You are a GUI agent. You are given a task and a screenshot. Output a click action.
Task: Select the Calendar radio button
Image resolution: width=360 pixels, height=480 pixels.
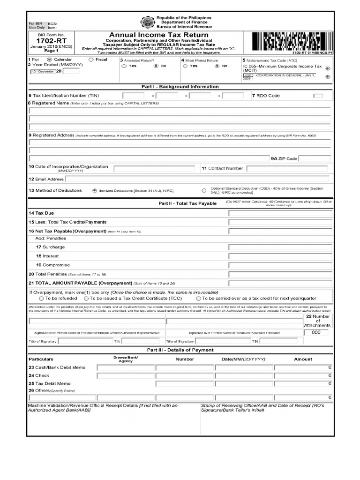coord(49,60)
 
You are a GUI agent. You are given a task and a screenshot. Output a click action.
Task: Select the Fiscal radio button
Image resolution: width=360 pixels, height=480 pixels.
coord(90,60)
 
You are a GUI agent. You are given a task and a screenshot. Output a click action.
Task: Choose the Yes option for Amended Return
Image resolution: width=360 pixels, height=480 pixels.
coord(124,67)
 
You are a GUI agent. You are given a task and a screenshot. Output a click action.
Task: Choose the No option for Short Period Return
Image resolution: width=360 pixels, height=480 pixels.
coord(217,67)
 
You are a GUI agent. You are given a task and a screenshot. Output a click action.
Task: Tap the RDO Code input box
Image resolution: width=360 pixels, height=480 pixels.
coord(318,96)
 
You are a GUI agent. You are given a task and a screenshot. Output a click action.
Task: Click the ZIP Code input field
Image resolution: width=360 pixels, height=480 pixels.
coord(315,159)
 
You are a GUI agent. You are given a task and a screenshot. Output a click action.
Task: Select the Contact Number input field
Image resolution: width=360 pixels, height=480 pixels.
coord(289,169)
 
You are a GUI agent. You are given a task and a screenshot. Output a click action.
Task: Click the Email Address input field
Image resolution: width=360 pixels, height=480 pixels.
coord(199,179)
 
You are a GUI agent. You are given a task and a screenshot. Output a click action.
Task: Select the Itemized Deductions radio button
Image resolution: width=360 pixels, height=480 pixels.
coord(95,191)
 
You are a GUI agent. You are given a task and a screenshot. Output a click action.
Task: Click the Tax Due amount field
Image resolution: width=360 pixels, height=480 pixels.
coord(280,213)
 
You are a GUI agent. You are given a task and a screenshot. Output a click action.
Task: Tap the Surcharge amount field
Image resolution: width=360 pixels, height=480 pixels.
coord(280,247)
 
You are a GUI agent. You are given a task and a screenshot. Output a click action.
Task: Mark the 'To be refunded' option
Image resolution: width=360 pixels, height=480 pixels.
coord(42,298)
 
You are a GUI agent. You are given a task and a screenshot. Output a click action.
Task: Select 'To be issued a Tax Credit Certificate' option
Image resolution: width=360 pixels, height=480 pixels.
coord(86,298)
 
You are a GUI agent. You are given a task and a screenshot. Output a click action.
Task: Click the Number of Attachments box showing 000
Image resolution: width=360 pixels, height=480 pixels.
coord(316,332)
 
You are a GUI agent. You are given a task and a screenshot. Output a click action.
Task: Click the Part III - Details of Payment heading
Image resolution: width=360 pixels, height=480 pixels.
coord(180,350)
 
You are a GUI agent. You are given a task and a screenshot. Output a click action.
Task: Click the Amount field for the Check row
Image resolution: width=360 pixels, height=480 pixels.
coord(303,376)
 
